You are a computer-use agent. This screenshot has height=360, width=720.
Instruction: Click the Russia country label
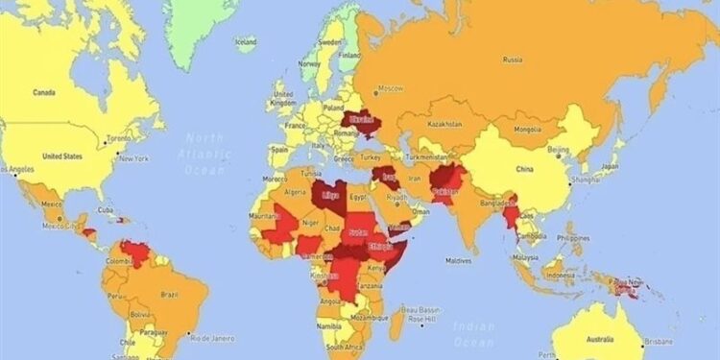(x=513, y=60)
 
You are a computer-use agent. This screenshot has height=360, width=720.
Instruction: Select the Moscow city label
(x=391, y=88)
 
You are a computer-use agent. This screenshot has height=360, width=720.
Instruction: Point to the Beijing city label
(x=558, y=150)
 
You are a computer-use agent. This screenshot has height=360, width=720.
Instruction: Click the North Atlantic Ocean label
(x=204, y=154)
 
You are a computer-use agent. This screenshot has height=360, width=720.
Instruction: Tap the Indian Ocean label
(x=475, y=331)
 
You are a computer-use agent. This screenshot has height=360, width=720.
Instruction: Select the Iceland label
(x=246, y=41)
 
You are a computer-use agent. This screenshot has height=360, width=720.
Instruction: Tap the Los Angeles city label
(x=22, y=170)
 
